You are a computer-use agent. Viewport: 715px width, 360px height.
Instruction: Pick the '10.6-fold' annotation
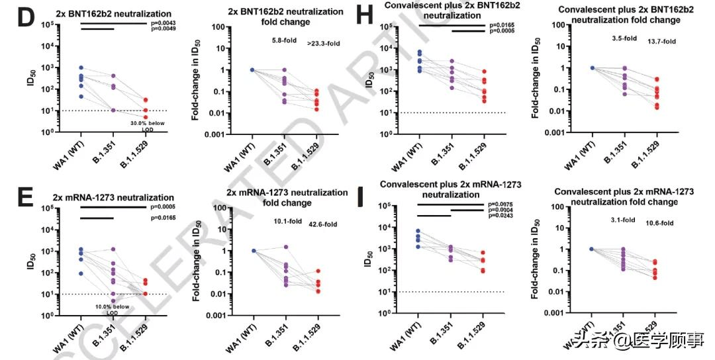(659, 223)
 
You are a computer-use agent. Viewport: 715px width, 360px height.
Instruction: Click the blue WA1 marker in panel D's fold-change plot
(252, 69)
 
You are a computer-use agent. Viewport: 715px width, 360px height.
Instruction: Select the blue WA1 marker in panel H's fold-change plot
(593, 67)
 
